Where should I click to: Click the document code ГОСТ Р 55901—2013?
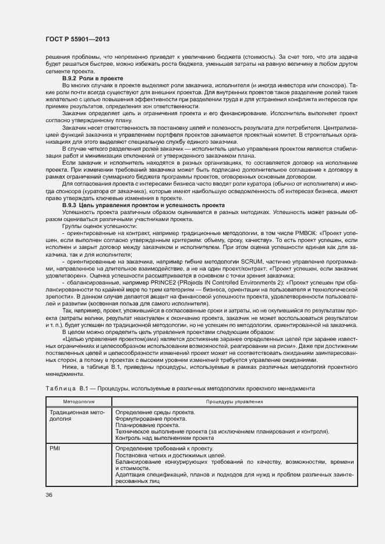[77, 40]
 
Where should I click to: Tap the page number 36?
[48, 495]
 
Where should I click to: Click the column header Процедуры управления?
[234, 401]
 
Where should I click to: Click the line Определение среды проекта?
[155, 412]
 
